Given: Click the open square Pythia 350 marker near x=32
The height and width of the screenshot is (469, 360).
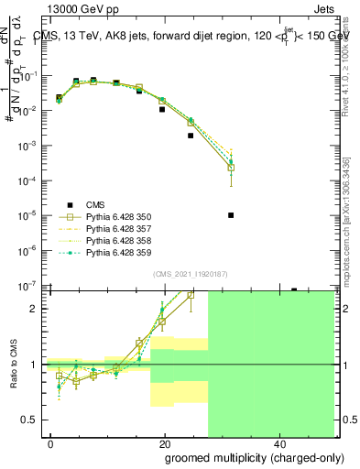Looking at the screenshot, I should (x=231, y=168).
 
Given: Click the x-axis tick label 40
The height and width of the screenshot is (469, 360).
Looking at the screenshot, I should (x=278, y=442).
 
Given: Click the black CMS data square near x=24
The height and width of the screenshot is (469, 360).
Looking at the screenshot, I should (x=191, y=136).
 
